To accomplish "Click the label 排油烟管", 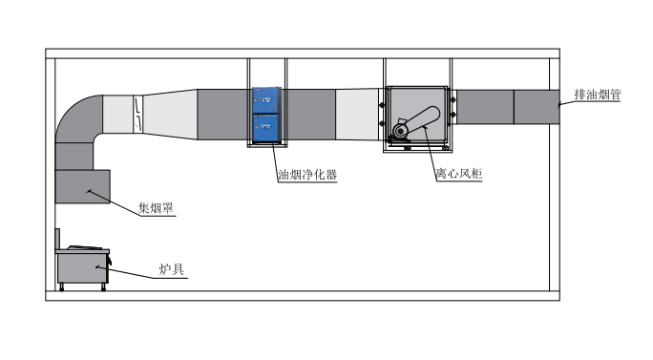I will [598, 95].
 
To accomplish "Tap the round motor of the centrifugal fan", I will [401, 127].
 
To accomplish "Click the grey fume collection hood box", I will [83, 185].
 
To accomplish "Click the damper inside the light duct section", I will [138, 114].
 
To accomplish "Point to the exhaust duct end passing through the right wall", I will [536, 106].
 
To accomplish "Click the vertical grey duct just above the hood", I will [75, 155].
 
